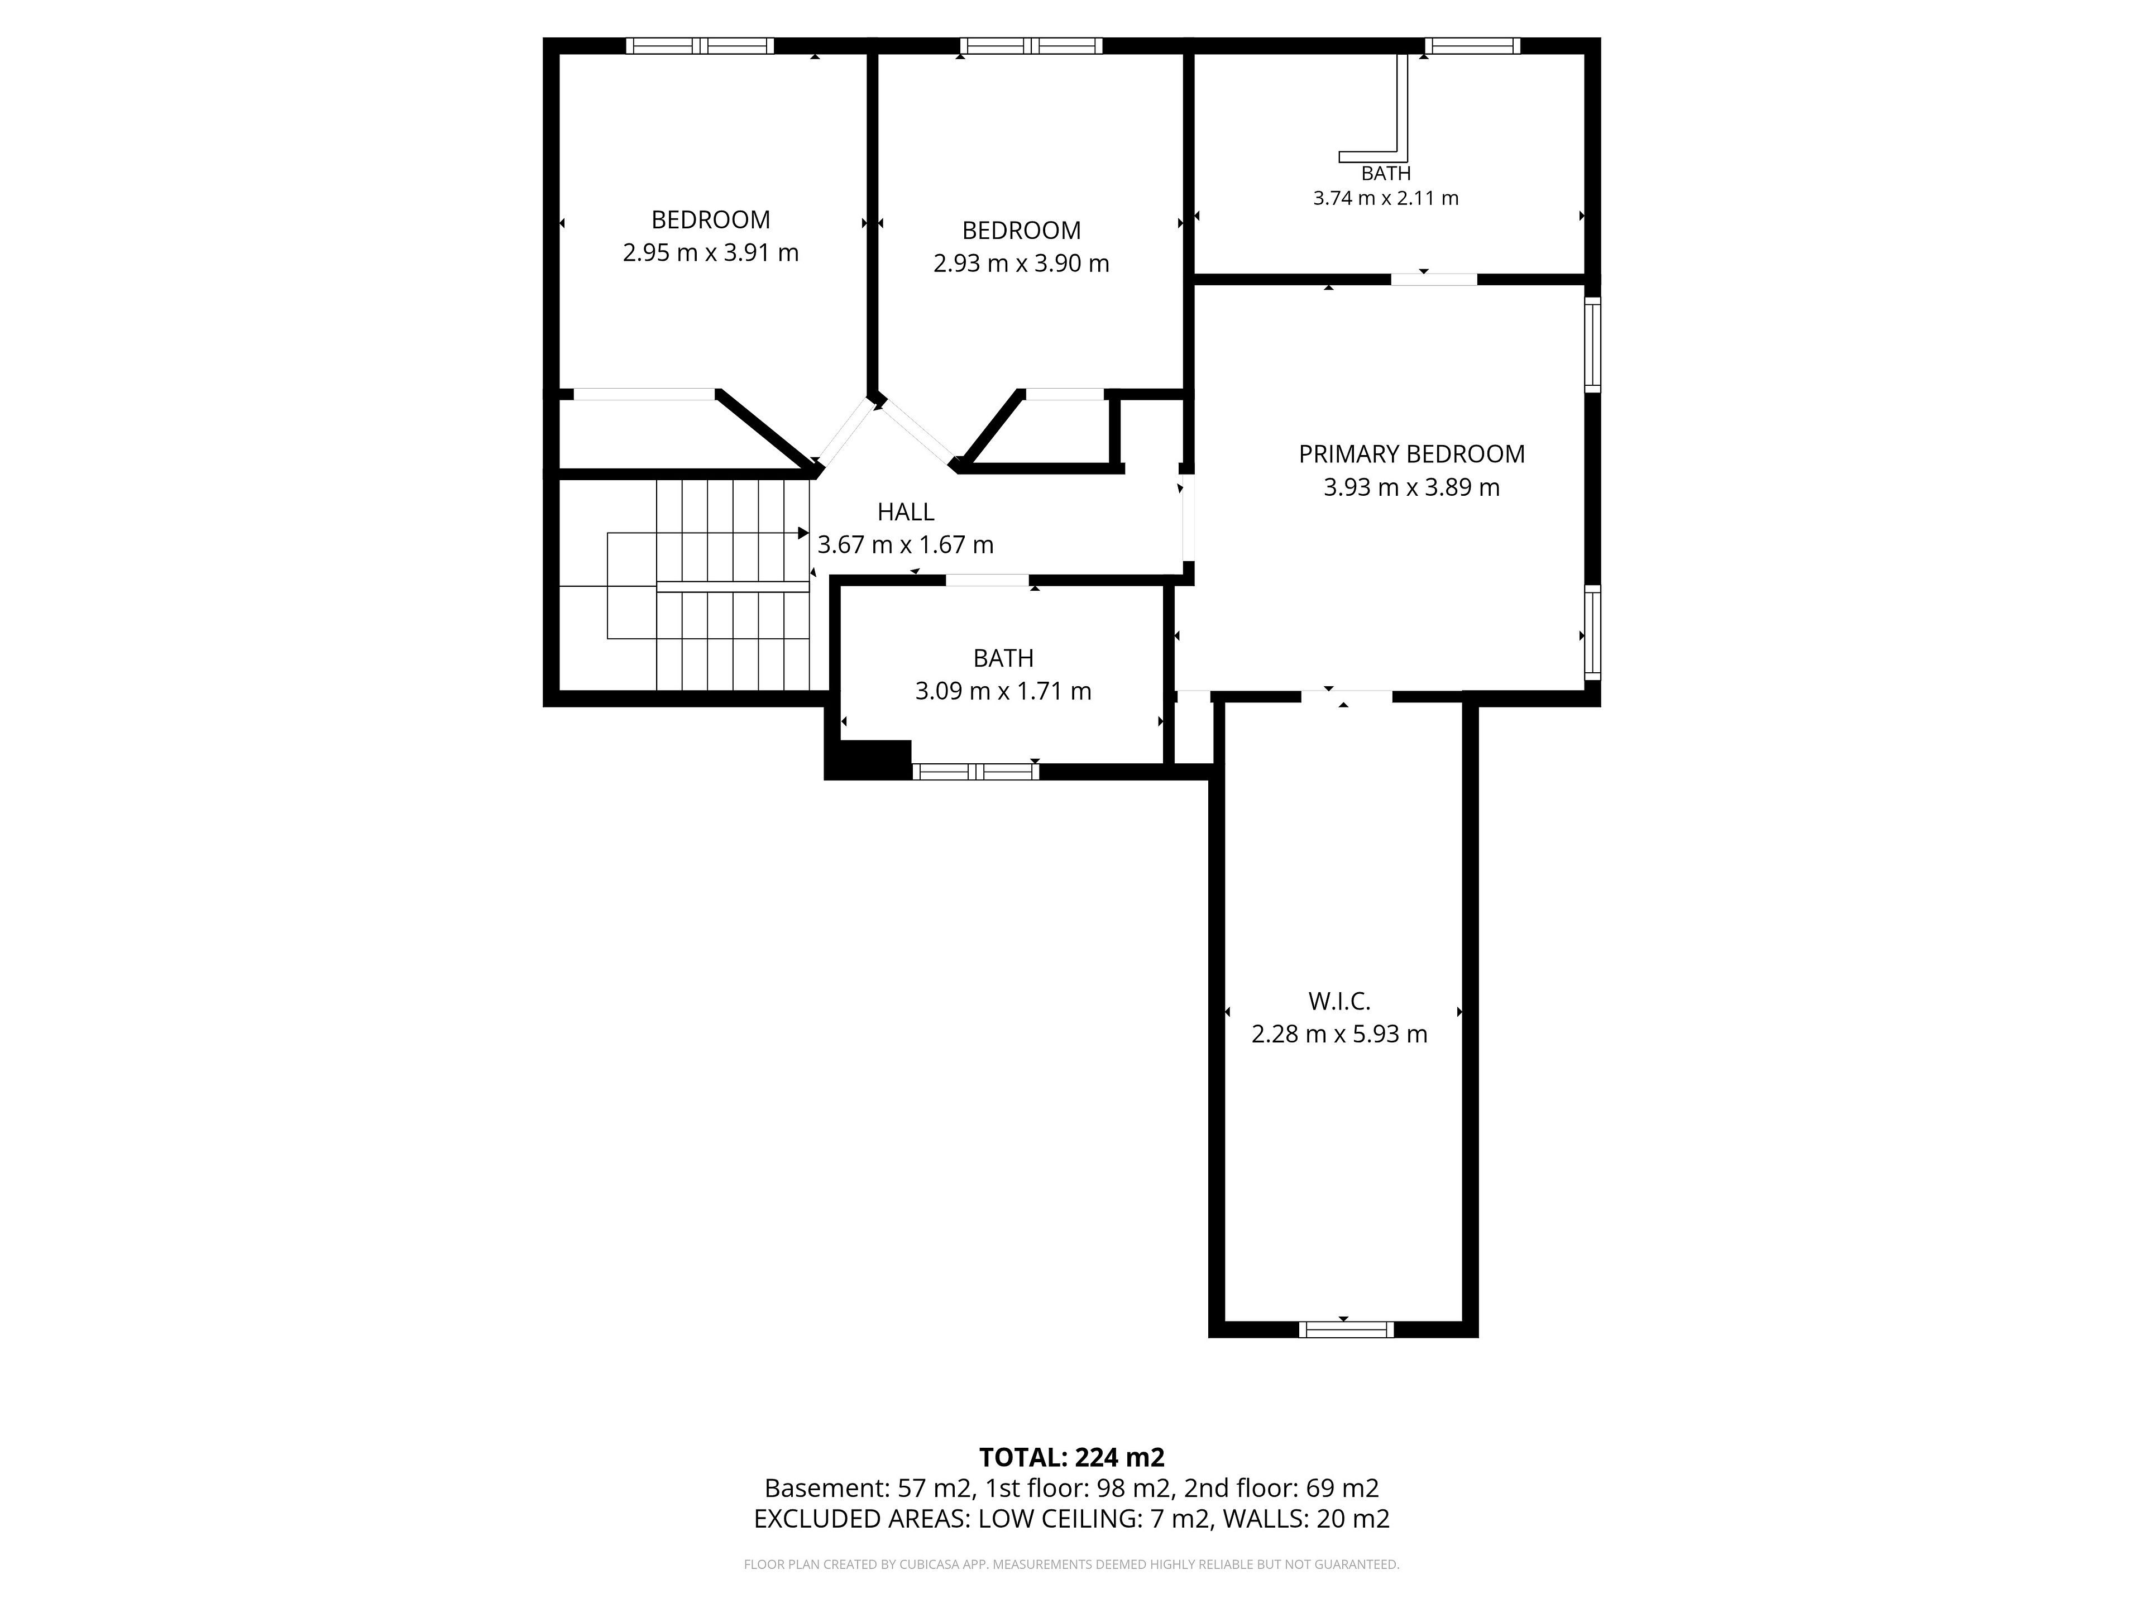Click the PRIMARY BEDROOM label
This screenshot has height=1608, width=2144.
click(x=1411, y=453)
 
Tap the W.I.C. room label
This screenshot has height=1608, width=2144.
click(x=1339, y=1001)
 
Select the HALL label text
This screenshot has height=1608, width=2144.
click(x=905, y=512)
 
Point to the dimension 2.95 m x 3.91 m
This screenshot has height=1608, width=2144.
click(x=710, y=253)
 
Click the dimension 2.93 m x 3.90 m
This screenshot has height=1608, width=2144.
click(x=1021, y=264)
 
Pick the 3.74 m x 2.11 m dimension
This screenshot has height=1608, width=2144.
click(x=1385, y=198)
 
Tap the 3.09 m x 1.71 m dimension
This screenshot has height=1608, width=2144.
click(x=1003, y=691)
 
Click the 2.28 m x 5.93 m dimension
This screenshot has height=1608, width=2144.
click(x=1339, y=1034)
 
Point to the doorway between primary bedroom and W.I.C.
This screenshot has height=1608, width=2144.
click(x=1346, y=695)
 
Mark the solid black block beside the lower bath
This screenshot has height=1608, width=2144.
click(x=868, y=759)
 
